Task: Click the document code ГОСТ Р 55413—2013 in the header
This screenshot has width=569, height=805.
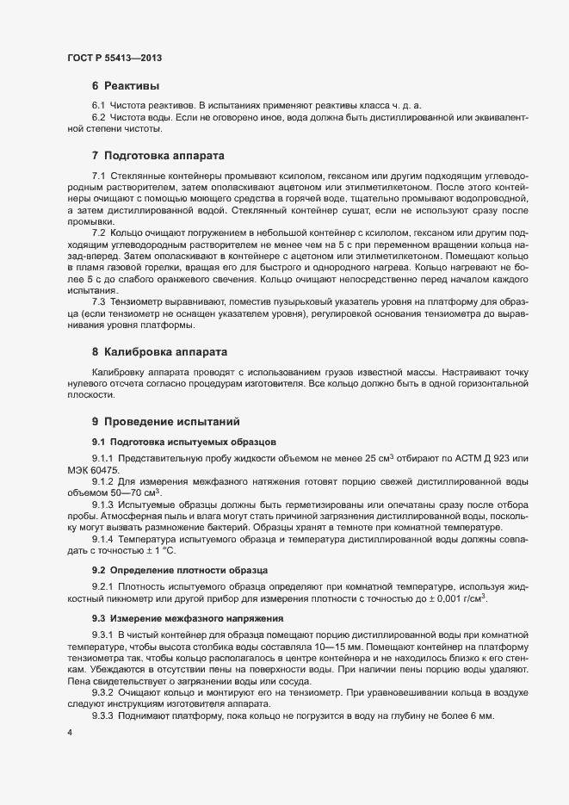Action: pyautogui.click(x=114, y=59)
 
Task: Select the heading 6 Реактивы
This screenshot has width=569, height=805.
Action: pyautogui.click(x=125, y=86)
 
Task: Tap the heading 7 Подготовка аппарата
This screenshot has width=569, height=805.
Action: pyautogui.click(x=158, y=156)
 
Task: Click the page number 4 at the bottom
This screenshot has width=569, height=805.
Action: pyautogui.click(x=69, y=733)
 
